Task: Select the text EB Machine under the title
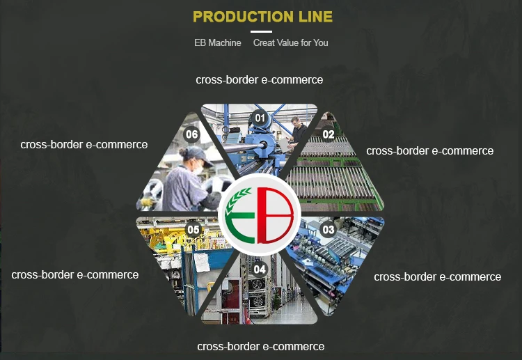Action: [218, 42]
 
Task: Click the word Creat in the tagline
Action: [264, 42]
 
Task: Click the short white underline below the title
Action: [261, 31]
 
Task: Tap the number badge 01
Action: [260, 118]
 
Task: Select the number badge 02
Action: [329, 134]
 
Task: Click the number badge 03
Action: [329, 229]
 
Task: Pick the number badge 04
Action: [260, 269]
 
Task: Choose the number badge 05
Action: [193, 229]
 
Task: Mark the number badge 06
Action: [191, 134]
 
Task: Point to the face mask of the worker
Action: [200, 169]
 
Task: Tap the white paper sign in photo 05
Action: [201, 262]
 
